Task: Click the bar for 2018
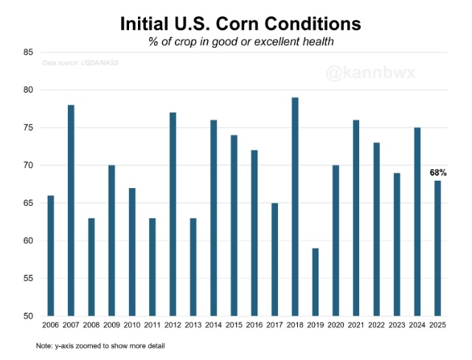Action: [x=294, y=207]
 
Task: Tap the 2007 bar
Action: [x=71, y=210]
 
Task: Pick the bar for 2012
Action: [x=173, y=214]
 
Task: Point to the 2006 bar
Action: [x=51, y=255]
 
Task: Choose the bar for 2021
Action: [x=355, y=218]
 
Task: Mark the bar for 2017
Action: [x=274, y=259]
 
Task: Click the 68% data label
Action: [x=439, y=173]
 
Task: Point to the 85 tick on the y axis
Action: [x=28, y=52]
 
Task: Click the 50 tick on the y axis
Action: [x=28, y=316]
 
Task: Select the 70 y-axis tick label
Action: [x=28, y=165]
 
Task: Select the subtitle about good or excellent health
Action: [x=240, y=42]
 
